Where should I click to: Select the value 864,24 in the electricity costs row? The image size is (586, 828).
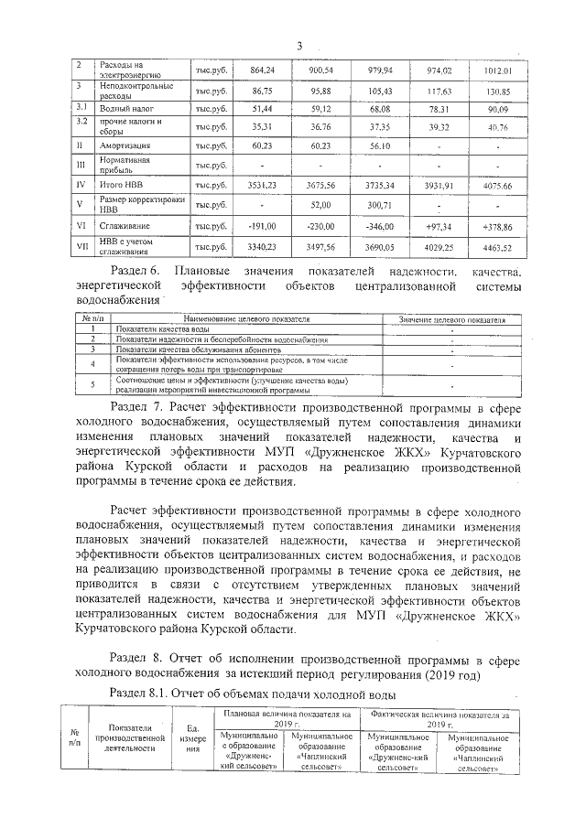tap(263, 70)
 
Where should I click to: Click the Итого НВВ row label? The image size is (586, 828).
tap(121, 185)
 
